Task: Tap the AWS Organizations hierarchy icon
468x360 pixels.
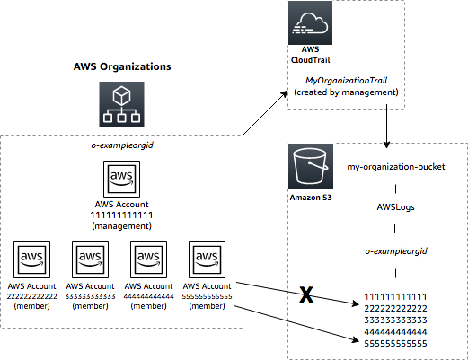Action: [121, 105]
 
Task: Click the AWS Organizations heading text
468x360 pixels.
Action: [122, 67]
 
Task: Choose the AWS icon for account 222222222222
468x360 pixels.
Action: [31, 260]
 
